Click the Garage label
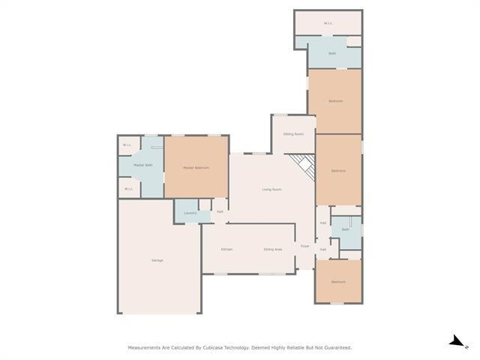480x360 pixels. click(x=157, y=260)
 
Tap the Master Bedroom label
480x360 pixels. click(x=196, y=168)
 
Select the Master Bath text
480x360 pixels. click(x=143, y=165)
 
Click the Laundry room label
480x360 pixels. click(x=190, y=213)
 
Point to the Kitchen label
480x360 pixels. click(x=226, y=249)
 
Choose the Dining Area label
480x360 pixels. click(x=272, y=249)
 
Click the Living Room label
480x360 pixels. click(x=271, y=189)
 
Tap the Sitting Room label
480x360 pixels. click(x=293, y=133)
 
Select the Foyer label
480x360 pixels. click(x=305, y=246)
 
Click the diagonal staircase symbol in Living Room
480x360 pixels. click(x=303, y=166)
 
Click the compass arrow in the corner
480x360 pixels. click(x=456, y=342)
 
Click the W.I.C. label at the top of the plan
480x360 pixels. click(x=328, y=23)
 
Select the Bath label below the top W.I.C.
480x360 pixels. click(x=332, y=53)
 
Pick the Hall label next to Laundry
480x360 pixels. click(x=220, y=211)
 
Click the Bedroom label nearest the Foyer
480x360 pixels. click(x=338, y=282)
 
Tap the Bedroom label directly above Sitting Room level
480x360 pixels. click(x=335, y=101)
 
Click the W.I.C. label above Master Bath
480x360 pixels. click(x=128, y=145)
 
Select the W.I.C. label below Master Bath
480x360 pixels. click(x=128, y=189)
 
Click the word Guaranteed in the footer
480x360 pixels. click(x=334, y=348)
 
